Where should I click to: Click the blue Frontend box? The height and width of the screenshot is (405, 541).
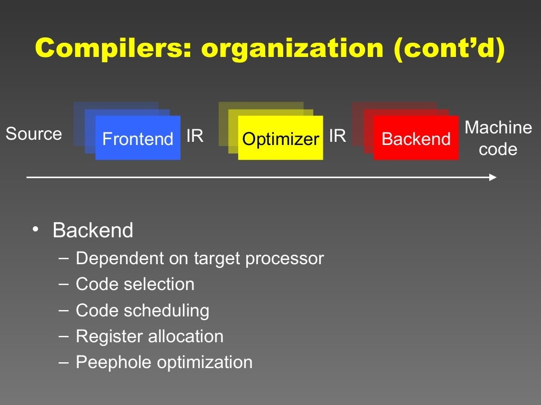coord(138,138)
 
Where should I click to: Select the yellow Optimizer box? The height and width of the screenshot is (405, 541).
coord(281,138)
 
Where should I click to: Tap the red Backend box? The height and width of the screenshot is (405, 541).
coord(416,138)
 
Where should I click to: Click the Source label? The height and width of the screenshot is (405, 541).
coord(34,134)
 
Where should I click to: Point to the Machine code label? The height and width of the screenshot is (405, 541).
coord(498,138)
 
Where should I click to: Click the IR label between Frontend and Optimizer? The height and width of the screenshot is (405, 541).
coord(195,136)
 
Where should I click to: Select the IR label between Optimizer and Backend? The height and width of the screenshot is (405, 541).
coord(338,136)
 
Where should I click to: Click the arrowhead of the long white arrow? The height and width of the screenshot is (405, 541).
coord(493,177)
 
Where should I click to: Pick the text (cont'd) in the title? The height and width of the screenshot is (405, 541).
coord(448,49)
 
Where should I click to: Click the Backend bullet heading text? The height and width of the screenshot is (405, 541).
coord(93,231)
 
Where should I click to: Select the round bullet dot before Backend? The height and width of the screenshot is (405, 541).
coord(35,229)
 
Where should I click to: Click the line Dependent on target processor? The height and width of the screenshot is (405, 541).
coord(200,258)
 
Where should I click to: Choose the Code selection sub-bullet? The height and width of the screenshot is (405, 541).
coord(135,284)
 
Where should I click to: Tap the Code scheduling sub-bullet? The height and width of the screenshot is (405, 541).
coord(143,311)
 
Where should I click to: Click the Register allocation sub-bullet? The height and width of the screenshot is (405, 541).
coord(150,336)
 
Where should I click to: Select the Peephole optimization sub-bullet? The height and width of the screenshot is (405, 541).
coord(164,362)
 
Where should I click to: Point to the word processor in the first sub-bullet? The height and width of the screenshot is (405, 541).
coord(284,259)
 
